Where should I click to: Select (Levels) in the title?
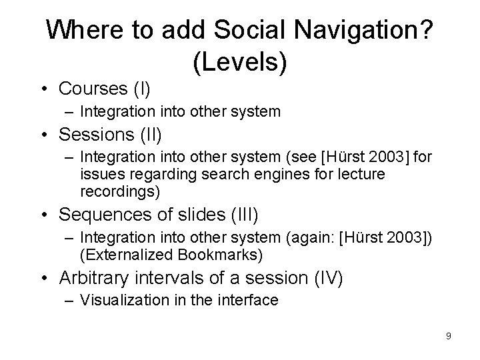(240, 62)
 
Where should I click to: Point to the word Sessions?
(97, 135)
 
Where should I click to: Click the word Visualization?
(124, 301)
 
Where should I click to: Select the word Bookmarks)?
(229, 254)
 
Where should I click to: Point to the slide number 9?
(448, 336)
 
